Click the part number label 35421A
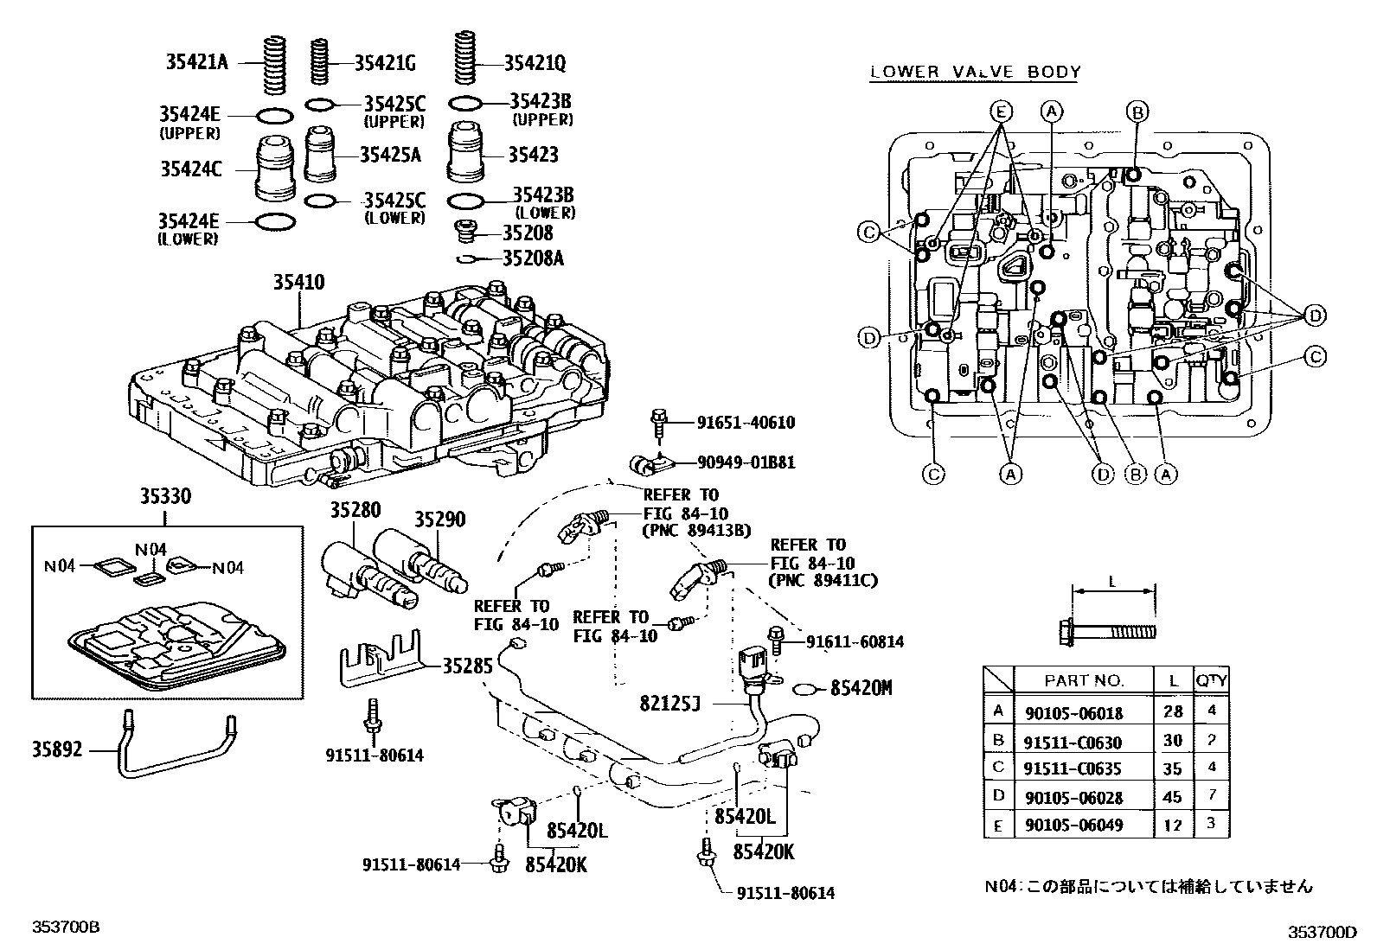(196, 61)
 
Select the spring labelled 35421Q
(465, 60)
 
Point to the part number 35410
(299, 282)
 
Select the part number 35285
(468, 666)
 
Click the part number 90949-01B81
(746, 462)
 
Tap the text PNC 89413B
(696, 531)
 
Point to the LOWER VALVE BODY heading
(975, 73)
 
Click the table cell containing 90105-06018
(1073, 712)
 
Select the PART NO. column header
(1084, 680)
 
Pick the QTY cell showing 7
(1212, 794)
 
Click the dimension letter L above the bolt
(1112, 582)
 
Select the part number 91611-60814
(855, 641)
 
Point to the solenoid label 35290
(439, 520)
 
